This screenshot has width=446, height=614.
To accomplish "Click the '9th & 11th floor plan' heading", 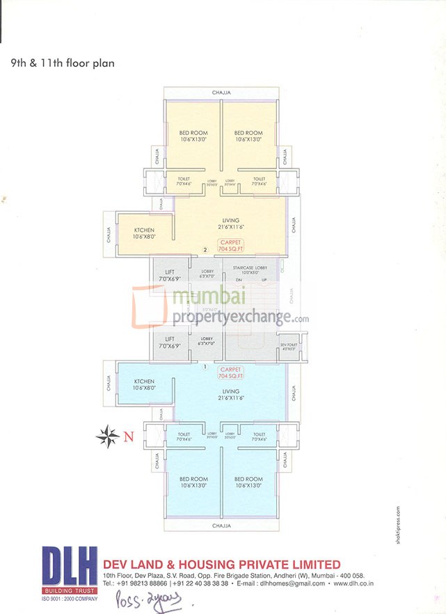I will [x=63, y=63].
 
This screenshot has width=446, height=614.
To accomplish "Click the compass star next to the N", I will [x=107, y=436].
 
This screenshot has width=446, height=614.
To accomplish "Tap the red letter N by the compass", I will [x=128, y=437].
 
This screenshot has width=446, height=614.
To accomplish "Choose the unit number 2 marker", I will [x=205, y=250].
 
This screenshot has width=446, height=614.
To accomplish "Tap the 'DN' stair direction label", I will [x=238, y=281].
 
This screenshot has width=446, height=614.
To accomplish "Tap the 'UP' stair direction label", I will [x=264, y=281].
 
